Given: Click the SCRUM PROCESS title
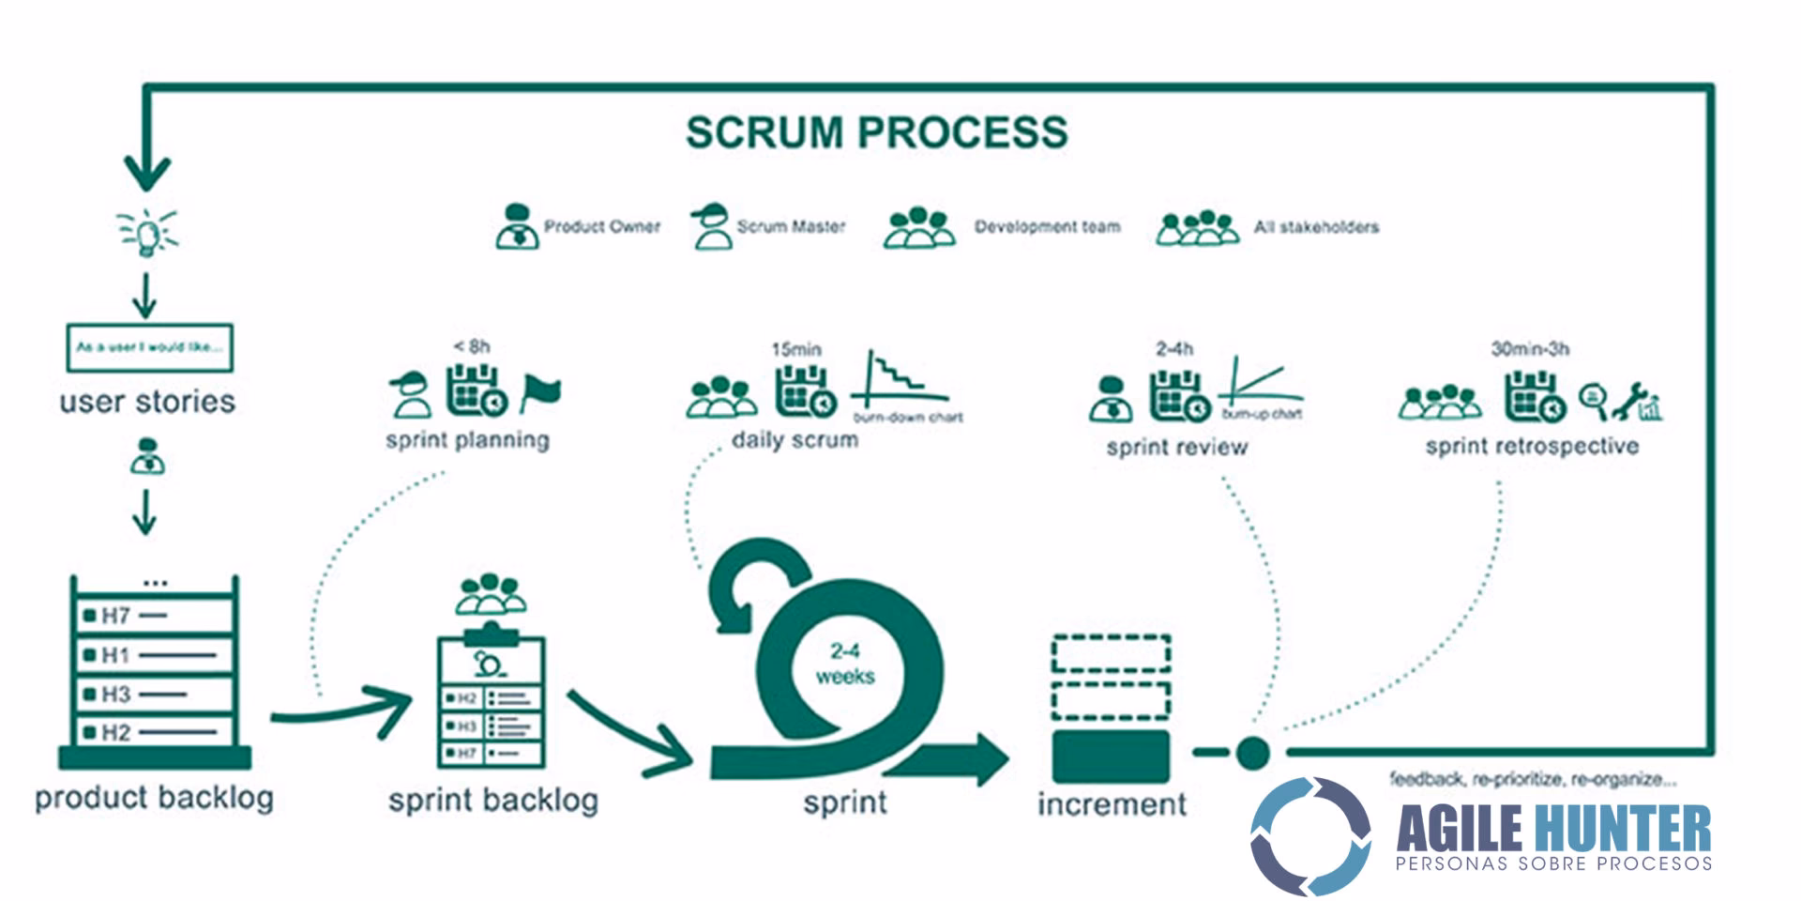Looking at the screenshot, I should click(x=876, y=132).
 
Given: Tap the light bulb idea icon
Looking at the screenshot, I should click(x=147, y=231).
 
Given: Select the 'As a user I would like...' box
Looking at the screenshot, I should click(x=150, y=347).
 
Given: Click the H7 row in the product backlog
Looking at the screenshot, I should click(x=155, y=616).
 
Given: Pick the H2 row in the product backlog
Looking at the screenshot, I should click(x=155, y=731).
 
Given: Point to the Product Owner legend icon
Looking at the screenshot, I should click(x=517, y=227).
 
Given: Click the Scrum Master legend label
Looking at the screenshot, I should click(x=791, y=226).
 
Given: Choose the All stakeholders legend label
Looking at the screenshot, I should click(x=1316, y=227).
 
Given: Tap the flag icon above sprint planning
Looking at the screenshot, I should click(x=540, y=392).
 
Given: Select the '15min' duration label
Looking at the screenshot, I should click(x=796, y=349).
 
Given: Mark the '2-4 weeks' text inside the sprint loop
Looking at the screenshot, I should click(x=844, y=664).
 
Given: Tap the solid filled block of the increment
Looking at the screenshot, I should click(x=1111, y=756).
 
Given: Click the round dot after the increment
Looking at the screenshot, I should click(x=1252, y=752).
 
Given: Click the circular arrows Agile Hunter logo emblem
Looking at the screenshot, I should click(x=1310, y=835).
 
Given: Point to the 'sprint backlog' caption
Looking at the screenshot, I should click(x=493, y=801).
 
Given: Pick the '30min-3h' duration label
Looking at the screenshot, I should click(x=1530, y=349).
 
